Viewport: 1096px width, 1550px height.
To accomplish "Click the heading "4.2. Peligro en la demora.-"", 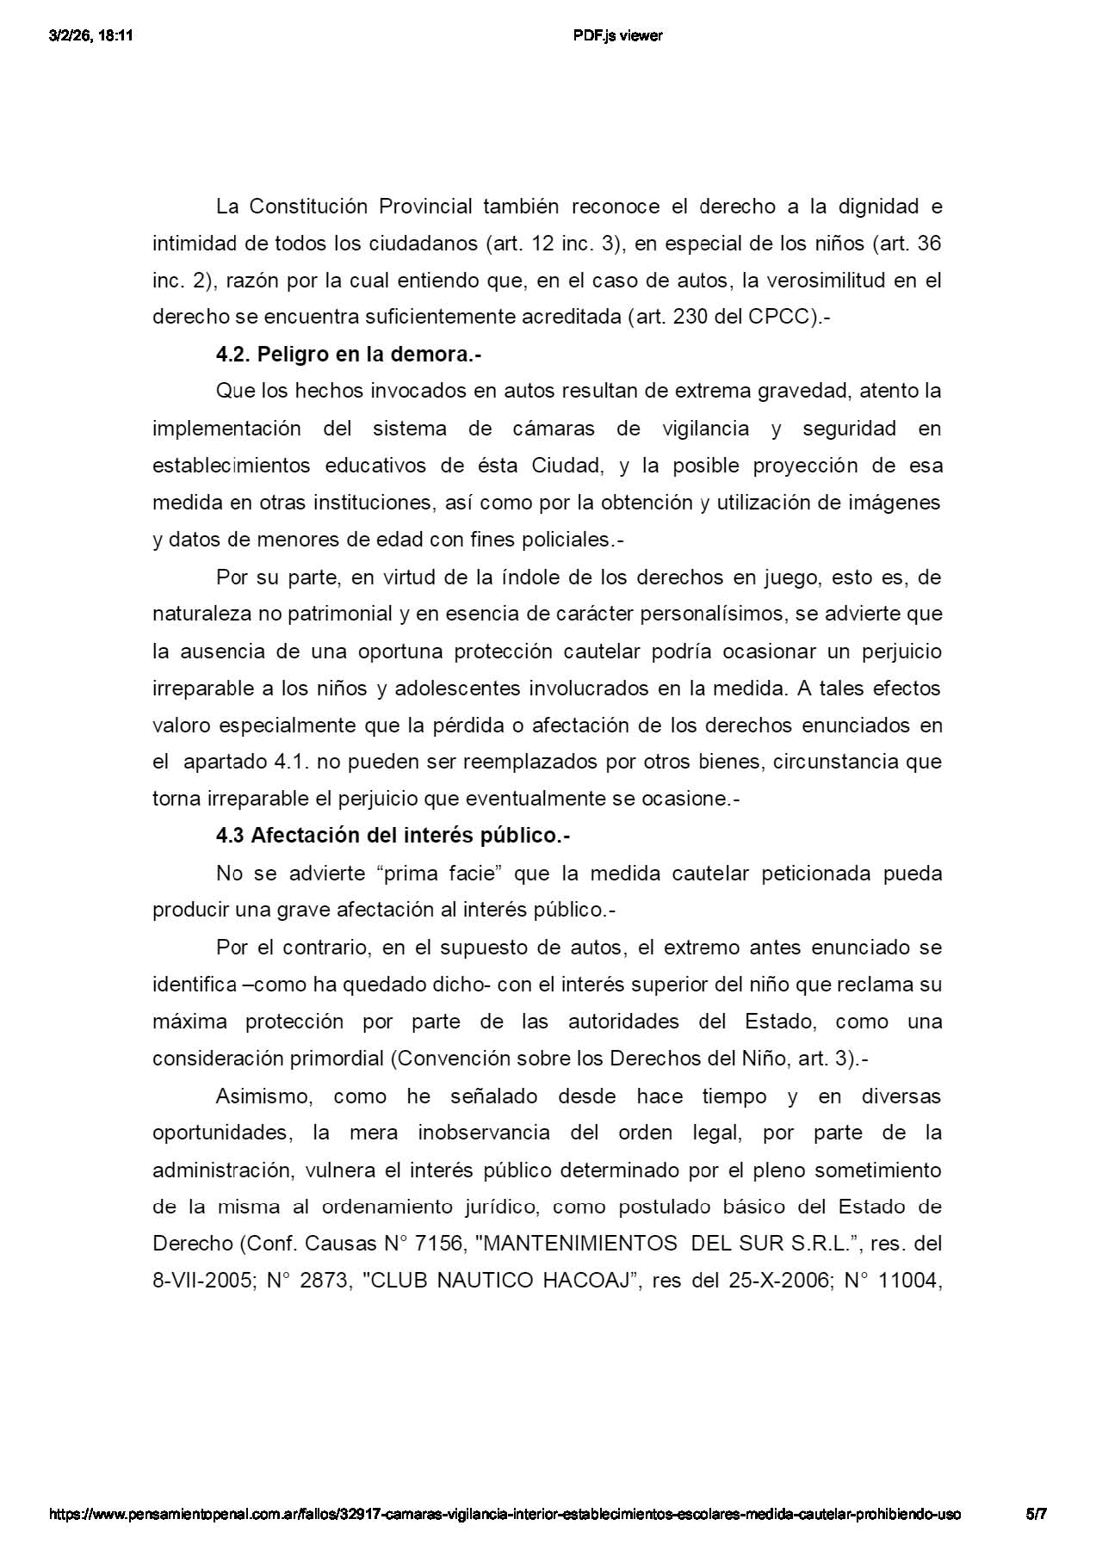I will tap(348, 355).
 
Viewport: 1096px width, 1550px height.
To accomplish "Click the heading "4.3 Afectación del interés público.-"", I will tap(393, 836).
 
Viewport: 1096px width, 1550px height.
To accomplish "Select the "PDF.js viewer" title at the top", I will tap(617, 35).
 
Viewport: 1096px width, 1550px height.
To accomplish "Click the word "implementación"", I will tap(226, 429).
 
